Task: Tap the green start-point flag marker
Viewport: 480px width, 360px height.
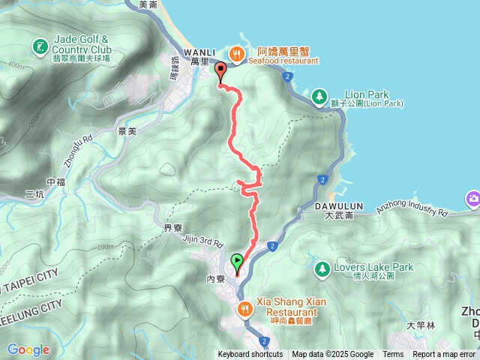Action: pos(238,262)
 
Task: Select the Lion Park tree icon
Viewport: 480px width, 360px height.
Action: pos(319,97)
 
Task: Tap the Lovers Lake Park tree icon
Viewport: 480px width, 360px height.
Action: pos(322,268)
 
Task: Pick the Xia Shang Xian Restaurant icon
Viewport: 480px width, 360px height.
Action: pos(244,308)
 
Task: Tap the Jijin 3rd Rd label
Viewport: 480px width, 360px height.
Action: pos(203,241)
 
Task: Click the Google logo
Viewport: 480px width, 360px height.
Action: pos(28,349)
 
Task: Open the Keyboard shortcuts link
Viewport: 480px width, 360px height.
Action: pos(250,355)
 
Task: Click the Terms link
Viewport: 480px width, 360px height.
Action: pos(393,355)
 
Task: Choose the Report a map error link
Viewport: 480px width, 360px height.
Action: pos(443,355)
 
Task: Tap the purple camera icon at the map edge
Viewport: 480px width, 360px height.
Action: pos(473,199)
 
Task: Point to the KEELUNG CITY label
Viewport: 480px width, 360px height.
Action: pos(30,307)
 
